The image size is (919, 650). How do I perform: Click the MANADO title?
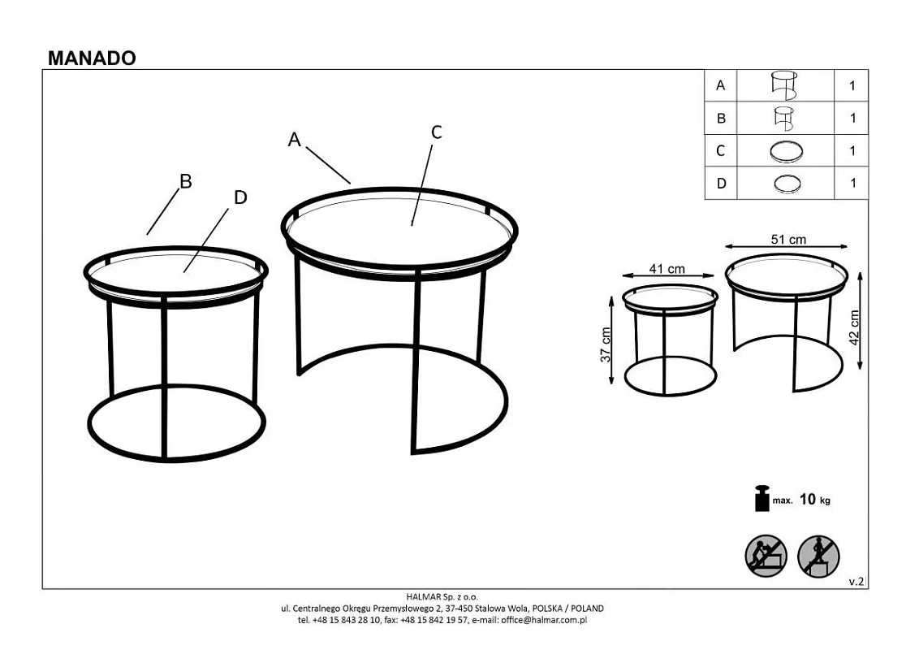[x=92, y=58]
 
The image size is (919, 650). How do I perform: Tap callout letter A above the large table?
[x=294, y=140]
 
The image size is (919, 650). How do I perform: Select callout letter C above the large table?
[x=436, y=132]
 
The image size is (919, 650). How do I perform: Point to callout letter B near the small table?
[x=186, y=181]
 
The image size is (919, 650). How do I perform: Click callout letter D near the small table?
[x=240, y=197]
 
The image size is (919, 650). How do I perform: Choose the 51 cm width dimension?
[x=788, y=240]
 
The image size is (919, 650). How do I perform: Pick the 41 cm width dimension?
[x=667, y=269]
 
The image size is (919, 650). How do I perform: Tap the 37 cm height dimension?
[x=606, y=344]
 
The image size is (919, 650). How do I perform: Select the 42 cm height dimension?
[x=854, y=327]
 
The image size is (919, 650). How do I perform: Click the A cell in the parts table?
[x=720, y=85]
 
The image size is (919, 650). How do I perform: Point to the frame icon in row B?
[x=783, y=119]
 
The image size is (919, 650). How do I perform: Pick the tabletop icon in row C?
[x=786, y=151]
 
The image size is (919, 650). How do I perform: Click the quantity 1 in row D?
[x=852, y=184]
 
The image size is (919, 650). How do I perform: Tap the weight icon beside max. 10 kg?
[x=762, y=499]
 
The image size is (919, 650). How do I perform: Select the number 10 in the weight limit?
[x=808, y=499]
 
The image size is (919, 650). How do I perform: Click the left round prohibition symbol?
[x=766, y=556]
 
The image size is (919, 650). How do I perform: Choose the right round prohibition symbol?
[x=818, y=556]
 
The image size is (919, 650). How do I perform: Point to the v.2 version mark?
[x=856, y=582]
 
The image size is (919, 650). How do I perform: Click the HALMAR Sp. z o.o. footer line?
[x=442, y=598]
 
